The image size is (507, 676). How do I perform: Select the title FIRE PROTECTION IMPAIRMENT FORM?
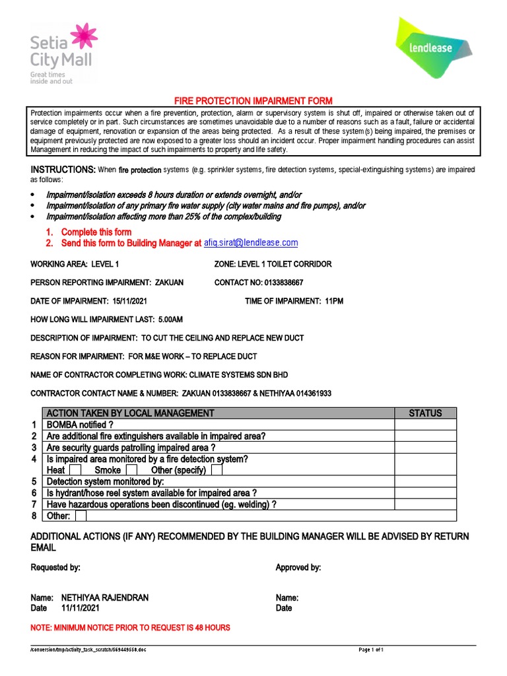point(253,100)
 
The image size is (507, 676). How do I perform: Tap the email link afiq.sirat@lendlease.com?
point(250,243)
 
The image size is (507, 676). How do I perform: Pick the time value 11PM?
point(333,301)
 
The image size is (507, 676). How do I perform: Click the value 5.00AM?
point(170,320)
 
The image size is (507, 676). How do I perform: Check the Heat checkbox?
point(75,470)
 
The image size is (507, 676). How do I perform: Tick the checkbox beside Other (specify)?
point(217,470)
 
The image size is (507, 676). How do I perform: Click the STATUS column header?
point(425,413)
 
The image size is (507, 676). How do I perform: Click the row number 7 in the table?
point(34,504)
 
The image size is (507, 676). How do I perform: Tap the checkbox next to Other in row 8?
point(81,516)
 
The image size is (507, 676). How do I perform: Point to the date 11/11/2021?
point(83,608)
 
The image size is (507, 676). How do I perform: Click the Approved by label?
point(298,567)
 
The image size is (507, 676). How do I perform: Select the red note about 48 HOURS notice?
point(131,627)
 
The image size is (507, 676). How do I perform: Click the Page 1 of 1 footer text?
point(371,650)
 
